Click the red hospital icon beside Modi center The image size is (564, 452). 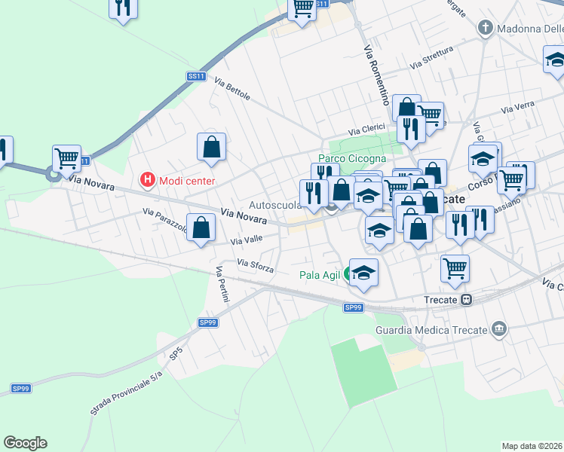[x=147, y=180]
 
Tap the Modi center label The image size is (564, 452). [x=185, y=181]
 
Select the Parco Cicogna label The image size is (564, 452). [x=351, y=158]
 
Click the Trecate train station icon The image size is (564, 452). [x=467, y=299]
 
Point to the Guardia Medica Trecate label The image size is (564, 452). [x=432, y=329]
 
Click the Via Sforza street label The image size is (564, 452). [x=255, y=264]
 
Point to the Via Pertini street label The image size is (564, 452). [x=222, y=285]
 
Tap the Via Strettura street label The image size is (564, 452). [x=431, y=58]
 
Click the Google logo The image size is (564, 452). [x=25, y=443]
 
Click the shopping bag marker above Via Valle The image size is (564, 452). [x=201, y=228]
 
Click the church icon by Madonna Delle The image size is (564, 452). [x=486, y=29]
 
